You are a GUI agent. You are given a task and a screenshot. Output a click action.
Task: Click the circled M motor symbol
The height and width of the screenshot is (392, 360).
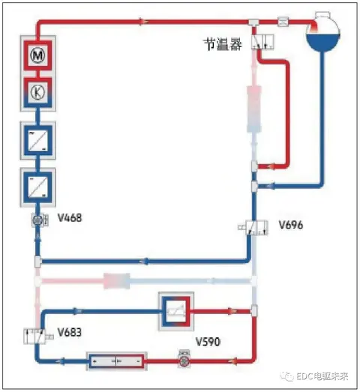click(x=37, y=55)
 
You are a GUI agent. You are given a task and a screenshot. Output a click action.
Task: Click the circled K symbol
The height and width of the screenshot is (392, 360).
click(x=37, y=91)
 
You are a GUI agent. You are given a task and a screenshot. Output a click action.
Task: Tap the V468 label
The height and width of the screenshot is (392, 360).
click(x=70, y=218)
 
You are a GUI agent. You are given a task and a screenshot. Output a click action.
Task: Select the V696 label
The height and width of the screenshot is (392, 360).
click(x=291, y=225)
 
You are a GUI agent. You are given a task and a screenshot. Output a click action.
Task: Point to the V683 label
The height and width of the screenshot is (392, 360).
click(x=70, y=333)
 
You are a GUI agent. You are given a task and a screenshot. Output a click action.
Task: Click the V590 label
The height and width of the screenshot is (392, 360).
click(x=208, y=342)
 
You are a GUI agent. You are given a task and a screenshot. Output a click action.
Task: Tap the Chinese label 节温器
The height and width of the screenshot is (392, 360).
click(x=223, y=44)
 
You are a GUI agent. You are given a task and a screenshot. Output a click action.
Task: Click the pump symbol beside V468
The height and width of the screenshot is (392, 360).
click(x=40, y=220)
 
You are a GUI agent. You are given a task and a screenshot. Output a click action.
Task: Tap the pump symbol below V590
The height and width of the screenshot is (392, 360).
click(x=184, y=360)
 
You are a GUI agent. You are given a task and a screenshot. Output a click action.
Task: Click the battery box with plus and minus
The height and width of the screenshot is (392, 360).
click(x=116, y=361)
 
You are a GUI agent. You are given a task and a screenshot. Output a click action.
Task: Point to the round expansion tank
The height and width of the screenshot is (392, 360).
click(x=323, y=31)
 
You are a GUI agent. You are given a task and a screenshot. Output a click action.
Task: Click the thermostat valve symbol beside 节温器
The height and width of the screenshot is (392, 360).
click(x=262, y=42)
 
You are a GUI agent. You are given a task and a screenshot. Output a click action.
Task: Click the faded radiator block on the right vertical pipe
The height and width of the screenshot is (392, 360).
click(x=254, y=109)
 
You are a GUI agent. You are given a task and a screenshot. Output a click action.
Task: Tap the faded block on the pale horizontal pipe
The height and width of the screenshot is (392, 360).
click(x=117, y=281)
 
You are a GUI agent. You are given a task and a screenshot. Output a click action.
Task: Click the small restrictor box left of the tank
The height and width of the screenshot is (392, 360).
click(x=283, y=22)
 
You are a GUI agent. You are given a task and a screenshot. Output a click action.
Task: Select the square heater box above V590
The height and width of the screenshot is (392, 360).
click(x=176, y=311)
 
